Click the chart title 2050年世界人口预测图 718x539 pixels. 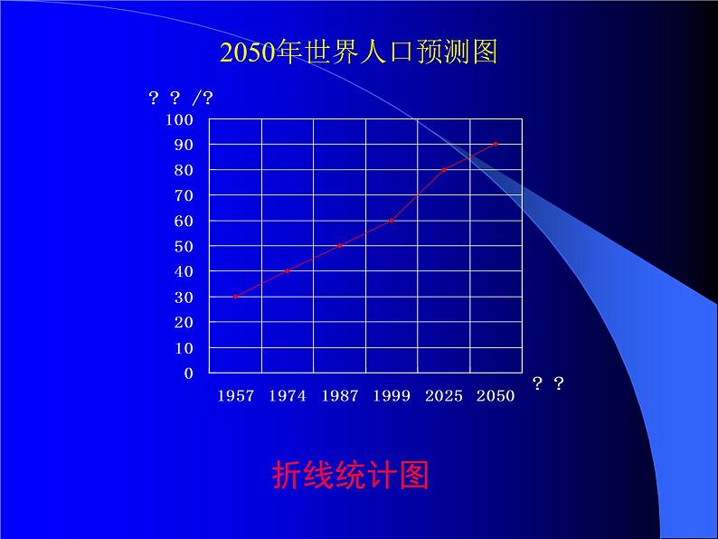click(x=358, y=52)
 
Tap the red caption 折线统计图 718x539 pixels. click(x=350, y=474)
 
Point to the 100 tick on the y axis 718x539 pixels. click(x=180, y=119)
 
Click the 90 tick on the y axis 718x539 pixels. click(x=184, y=145)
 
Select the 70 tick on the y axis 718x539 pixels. click(x=184, y=195)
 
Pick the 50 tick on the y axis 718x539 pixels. click(x=184, y=246)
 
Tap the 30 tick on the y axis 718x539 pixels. click(x=184, y=297)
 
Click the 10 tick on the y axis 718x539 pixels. click(x=184, y=348)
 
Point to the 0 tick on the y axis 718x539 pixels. click(x=188, y=373)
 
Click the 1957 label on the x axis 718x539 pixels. click(x=235, y=396)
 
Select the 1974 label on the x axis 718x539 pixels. click(x=288, y=396)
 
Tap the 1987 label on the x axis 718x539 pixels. click(x=339, y=396)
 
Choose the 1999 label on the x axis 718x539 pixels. click(x=392, y=396)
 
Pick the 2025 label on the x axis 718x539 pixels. click(x=443, y=396)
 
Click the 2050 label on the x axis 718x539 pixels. click(x=496, y=396)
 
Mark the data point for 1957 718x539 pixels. click(x=235, y=297)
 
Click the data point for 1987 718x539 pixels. click(x=339, y=246)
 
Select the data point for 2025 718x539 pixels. click(x=444, y=170)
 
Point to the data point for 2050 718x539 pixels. click(x=496, y=144)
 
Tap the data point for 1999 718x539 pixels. click(x=392, y=221)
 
